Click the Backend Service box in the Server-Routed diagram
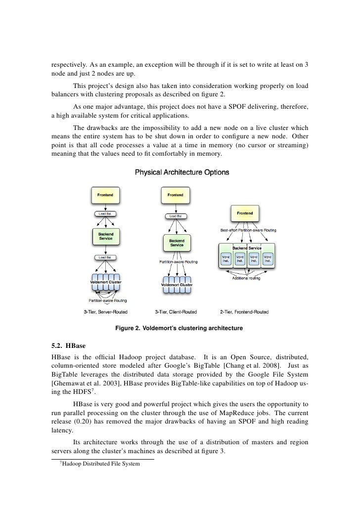click(x=105, y=236)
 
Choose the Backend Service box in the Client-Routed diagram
click(x=177, y=243)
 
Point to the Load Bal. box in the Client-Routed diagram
click(x=175, y=216)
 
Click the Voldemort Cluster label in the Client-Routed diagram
click(x=177, y=285)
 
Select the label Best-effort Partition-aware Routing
click(x=248, y=230)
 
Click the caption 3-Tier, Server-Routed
click(x=105, y=312)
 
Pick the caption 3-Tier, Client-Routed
click(x=176, y=312)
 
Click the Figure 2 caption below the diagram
click(x=179, y=328)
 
